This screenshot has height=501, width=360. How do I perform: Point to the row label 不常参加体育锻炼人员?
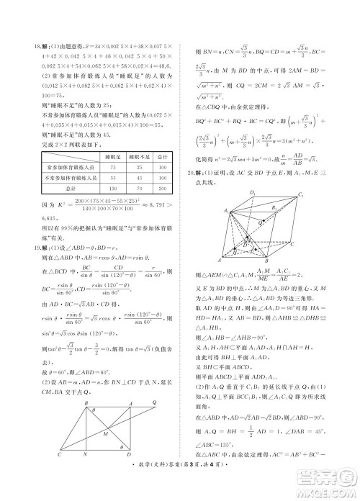(x=69, y=177)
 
